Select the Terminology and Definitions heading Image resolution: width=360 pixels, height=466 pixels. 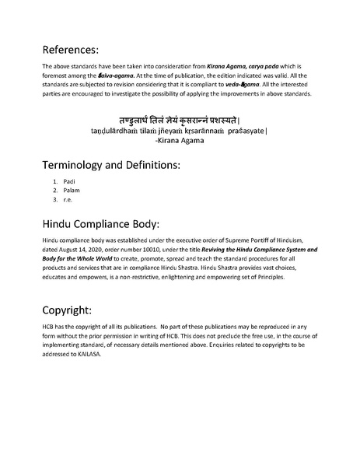(x=113, y=165)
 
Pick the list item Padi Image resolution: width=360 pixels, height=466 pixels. (x=68, y=182)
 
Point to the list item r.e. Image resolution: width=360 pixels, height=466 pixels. (x=68, y=199)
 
